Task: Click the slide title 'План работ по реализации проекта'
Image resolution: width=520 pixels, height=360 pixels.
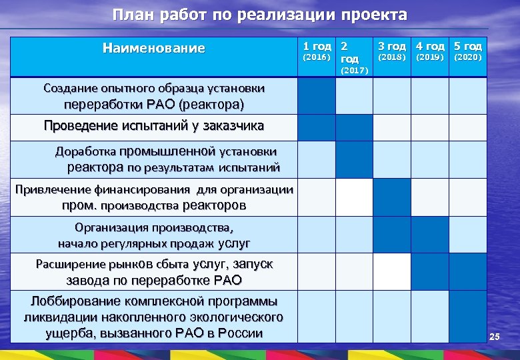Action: pyautogui.click(x=259, y=15)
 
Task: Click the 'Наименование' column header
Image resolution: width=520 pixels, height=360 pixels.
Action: pyautogui.click(x=154, y=49)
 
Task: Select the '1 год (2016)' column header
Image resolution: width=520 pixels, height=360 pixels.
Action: pyautogui.click(x=315, y=51)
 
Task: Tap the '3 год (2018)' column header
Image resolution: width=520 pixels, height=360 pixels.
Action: pyautogui.click(x=391, y=51)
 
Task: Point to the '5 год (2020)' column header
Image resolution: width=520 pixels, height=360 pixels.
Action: pyautogui.click(x=467, y=51)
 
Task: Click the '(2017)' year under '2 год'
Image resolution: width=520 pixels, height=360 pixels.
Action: pyautogui.click(x=353, y=71)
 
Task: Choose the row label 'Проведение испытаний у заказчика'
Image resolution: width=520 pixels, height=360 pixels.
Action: pyautogui.click(x=154, y=126)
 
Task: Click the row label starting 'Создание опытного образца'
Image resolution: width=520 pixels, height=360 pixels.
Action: pyautogui.click(x=154, y=97)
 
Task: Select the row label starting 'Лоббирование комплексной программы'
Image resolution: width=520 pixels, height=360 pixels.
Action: pyautogui.click(x=154, y=317)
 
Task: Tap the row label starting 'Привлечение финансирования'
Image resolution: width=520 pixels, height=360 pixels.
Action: pyautogui.click(x=154, y=197)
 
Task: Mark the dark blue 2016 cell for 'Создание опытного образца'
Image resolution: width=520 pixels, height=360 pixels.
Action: pyautogui.click(x=315, y=97)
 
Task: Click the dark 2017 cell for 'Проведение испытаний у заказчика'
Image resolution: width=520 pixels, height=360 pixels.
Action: pyautogui.click(x=353, y=127)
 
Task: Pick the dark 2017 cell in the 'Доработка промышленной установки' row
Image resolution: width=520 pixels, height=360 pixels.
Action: pyautogui.click(x=353, y=160)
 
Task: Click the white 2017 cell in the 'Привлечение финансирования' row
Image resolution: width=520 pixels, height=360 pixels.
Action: pyautogui.click(x=353, y=197)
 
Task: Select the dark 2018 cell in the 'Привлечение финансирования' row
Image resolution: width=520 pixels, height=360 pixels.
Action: pyautogui.click(x=391, y=197)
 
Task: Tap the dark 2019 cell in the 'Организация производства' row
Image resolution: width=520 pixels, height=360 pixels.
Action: pyautogui.click(x=429, y=234)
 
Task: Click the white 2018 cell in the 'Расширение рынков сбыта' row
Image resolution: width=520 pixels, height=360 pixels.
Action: pyautogui.click(x=391, y=271)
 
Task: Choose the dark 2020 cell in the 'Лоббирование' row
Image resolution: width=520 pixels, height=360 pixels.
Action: pyautogui.click(x=467, y=317)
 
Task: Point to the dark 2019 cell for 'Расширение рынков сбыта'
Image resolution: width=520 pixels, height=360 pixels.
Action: pyautogui.click(x=429, y=271)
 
